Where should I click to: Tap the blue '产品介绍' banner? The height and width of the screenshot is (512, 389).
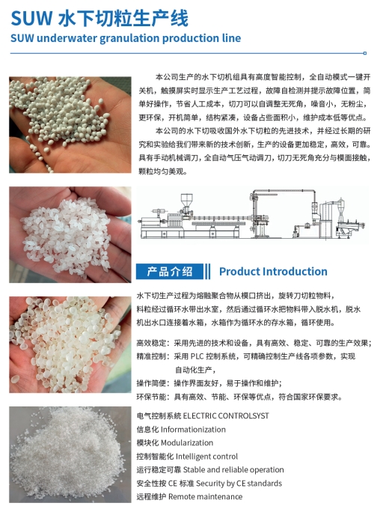coord(170,271)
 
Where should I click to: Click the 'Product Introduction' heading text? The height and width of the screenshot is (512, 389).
coord(273,271)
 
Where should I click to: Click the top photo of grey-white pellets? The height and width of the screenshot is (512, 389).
coord(68,124)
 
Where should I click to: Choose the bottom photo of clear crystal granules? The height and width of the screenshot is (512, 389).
coord(68,454)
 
